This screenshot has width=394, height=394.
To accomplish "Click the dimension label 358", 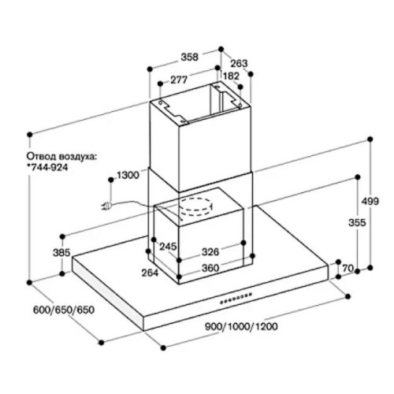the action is point(190,57).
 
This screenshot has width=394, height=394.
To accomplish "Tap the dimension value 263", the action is point(239,63).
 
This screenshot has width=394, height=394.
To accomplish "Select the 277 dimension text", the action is point(179,80).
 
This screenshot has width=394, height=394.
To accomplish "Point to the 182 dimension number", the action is point(231,76).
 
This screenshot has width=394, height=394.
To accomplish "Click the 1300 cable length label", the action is point(128,175).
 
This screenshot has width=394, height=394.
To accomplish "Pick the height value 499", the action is point(370,201).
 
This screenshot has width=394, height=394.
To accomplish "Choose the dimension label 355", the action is point(357,222).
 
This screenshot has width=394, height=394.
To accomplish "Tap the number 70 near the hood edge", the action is point(348,268).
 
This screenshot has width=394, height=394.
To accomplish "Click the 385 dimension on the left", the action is point(61,253).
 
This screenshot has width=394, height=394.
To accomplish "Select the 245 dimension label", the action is point(168,247).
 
